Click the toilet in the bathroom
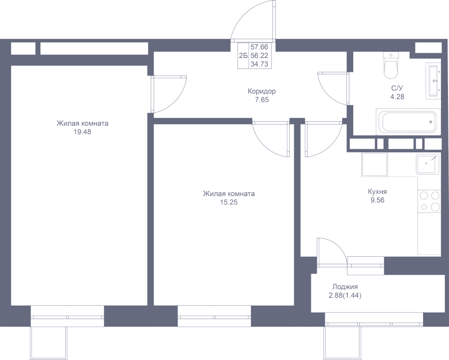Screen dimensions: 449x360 pos(391,65)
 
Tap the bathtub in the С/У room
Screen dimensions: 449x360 pos(408,122)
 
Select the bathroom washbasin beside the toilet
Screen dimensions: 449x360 pos(433,81)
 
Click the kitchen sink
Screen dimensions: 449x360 pos(428,164)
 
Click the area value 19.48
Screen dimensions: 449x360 pos(82,132)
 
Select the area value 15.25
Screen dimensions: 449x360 pos(229,202)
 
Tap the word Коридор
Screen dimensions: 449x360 pos(262,92)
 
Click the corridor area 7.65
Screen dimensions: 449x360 pos(262,100)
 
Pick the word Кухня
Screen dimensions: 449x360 pos(378,192)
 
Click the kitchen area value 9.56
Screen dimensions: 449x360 pos(378,200)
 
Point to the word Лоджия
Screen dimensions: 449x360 pos(345,287)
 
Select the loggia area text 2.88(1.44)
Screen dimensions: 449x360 pos(345,295)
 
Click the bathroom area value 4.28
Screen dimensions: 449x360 pos(398,97)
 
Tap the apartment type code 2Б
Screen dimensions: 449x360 pos(243,55)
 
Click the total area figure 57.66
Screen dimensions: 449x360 pos(259,47)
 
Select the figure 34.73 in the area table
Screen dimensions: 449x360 pos(259,64)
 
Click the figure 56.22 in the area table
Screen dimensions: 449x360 pos(259,55)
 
